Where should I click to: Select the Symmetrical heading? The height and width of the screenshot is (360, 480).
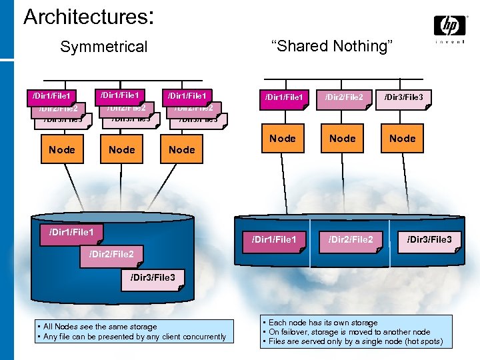tap(103, 47)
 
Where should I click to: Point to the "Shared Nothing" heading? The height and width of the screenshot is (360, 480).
tap(333, 46)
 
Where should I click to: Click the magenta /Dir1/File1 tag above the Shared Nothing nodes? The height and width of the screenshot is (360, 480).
tap(284, 98)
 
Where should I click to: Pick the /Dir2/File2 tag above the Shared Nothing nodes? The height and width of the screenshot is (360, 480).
tap(344, 98)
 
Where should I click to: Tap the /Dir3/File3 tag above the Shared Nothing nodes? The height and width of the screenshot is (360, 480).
tap(403, 98)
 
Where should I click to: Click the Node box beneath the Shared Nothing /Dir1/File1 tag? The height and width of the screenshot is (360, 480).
tap(283, 139)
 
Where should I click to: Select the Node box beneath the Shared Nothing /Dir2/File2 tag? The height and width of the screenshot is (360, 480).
tap(343, 139)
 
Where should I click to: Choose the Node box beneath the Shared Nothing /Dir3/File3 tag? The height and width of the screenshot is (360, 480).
tap(403, 139)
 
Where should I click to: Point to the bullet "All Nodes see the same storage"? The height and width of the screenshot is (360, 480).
tap(100, 327)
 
